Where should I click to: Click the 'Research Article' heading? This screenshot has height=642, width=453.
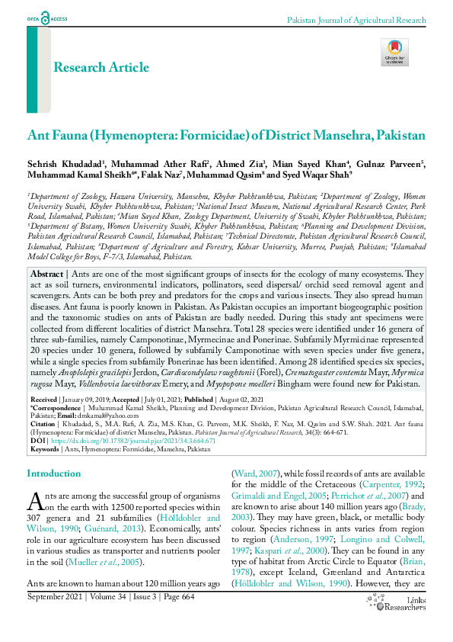(101, 67)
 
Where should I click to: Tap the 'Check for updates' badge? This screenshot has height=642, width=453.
(394, 52)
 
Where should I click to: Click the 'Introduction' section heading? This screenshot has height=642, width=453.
(53, 473)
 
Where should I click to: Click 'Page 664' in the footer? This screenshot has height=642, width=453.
(177, 596)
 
